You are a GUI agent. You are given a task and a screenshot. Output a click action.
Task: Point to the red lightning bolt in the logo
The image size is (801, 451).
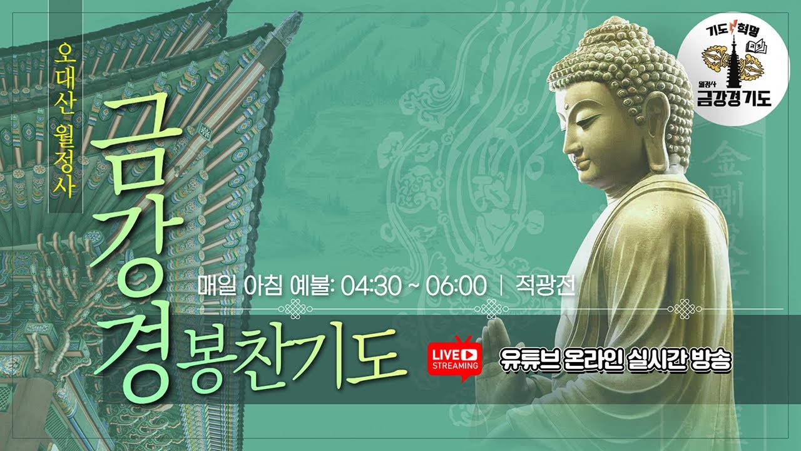tap(735, 28)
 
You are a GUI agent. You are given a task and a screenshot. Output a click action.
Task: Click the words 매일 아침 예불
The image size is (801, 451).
tap(263, 286)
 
